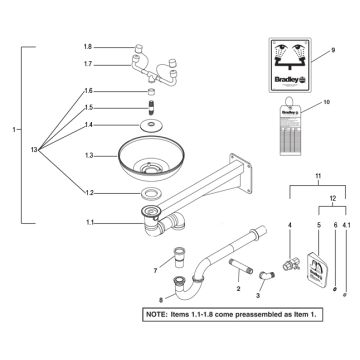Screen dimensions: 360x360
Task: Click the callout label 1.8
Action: [x=87, y=47]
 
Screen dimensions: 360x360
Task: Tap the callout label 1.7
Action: [x=87, y=64]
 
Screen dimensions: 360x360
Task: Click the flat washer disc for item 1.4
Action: [x=152, y=125]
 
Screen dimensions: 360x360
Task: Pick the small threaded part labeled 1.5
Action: [x=152, y=107]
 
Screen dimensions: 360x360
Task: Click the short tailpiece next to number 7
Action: [x=180, y=253]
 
